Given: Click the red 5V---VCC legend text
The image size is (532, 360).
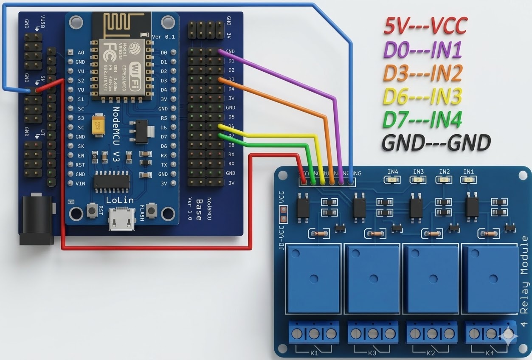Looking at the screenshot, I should coord(425,26).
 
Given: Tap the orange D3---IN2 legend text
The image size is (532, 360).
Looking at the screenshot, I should coord(422,73).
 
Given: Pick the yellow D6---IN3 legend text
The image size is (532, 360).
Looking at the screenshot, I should coord(422,96).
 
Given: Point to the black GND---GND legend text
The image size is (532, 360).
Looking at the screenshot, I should coord(436,143).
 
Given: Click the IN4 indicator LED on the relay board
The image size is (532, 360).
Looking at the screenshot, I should coord(393,180).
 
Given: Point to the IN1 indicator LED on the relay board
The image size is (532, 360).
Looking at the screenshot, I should coord(469,180).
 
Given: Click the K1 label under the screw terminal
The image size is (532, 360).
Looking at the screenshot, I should coord(314,352).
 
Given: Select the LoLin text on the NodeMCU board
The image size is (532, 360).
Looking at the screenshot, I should coord(120,200).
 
